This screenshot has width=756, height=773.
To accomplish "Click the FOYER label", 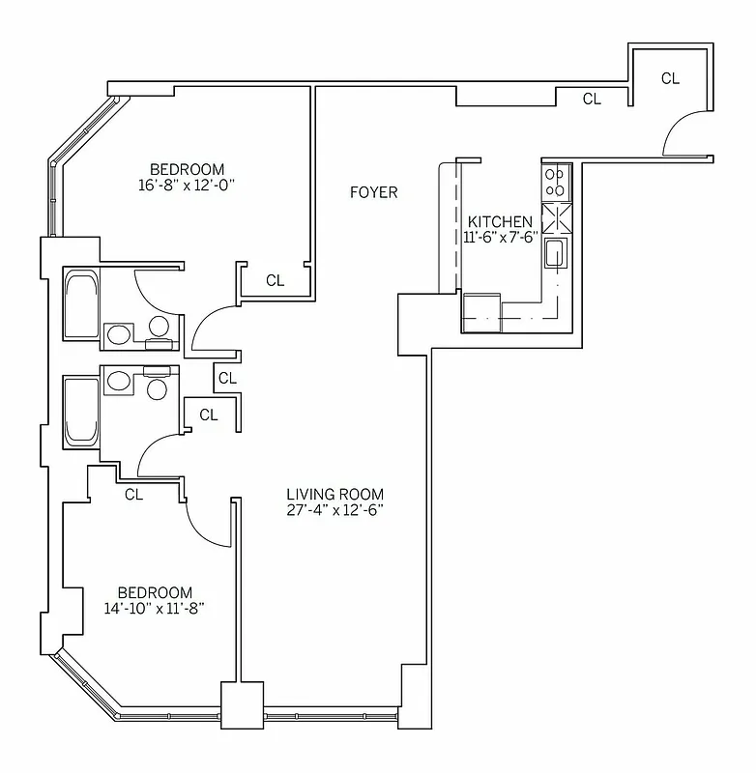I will (x=373, y=193).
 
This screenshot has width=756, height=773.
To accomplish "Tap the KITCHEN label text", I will (x=499, y=222).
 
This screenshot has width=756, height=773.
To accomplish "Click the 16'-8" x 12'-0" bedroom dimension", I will (x=188, y=185).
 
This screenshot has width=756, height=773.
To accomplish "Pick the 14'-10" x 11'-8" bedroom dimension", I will (x=155, y=609).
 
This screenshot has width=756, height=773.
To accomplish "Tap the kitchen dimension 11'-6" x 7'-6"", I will (x=499, y=239).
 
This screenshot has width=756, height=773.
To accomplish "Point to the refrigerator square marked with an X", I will (x=556, y=218).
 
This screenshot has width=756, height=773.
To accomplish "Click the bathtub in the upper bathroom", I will (x=81, y=304).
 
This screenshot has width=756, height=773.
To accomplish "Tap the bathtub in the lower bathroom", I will (x=81, y=411).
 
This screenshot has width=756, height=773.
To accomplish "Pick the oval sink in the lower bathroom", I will (x=119, y=380).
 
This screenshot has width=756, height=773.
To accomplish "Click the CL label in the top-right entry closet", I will (x=670, y=79).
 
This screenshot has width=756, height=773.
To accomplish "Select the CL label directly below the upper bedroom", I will (x=276, y=281).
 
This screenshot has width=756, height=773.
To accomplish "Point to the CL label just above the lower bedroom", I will (x=134, y=495).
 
